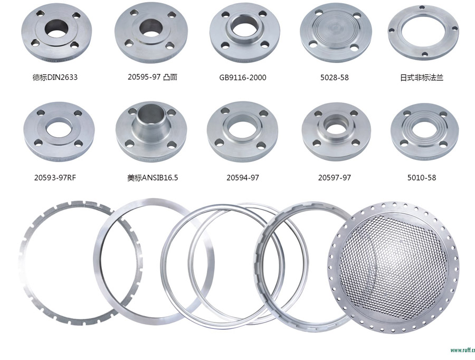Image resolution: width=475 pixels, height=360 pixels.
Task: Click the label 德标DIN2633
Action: [55, 77]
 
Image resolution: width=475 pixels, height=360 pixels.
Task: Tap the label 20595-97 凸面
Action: [153, 77]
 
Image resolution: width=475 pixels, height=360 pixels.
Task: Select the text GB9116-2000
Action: [243, 78]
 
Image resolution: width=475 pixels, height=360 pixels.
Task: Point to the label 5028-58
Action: [335, 78]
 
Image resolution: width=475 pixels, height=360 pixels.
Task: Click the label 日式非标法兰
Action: [422, 78]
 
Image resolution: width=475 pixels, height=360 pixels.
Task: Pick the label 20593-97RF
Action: [55, 177]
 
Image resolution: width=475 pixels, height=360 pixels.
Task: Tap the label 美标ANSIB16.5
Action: [153, 177]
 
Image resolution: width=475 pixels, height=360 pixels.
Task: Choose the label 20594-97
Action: [243, 177]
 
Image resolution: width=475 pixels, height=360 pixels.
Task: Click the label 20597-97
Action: [335, 177]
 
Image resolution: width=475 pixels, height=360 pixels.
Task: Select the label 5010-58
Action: [422, 177]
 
